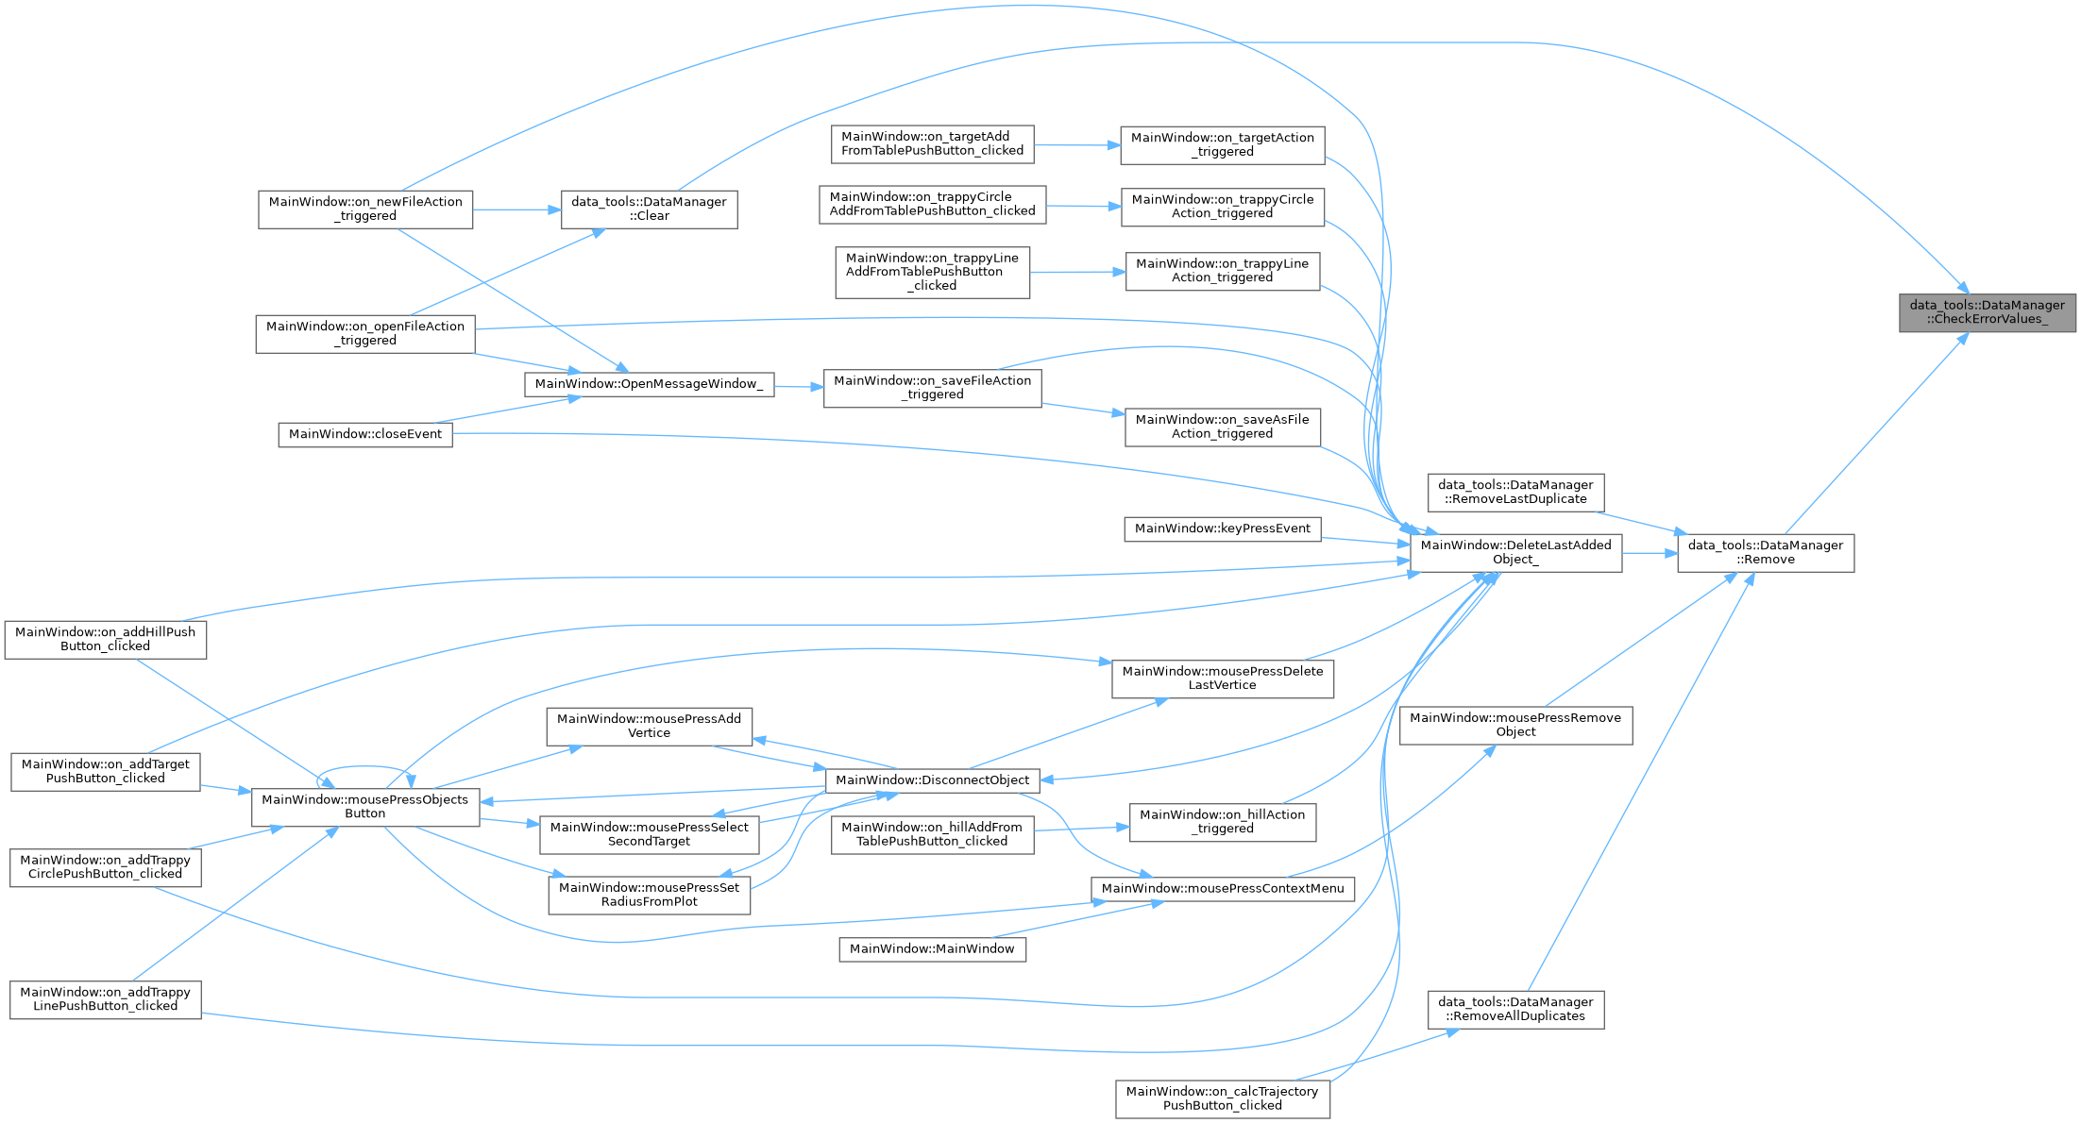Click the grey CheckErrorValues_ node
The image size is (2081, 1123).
[1988, 312]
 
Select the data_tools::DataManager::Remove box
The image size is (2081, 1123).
[1765, 553]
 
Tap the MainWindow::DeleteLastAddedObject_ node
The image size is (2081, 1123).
[1515, 553]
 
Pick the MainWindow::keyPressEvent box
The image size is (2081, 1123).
[1222, 528]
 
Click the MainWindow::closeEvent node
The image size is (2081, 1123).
[364, 434]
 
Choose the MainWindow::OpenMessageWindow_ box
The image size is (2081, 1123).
[649, 384]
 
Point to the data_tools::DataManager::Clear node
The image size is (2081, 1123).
[649, 210]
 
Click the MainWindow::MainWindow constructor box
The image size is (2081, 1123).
[932, 949]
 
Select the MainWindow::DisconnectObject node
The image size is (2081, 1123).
[932, 780]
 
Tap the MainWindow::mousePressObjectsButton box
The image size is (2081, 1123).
[364, 807]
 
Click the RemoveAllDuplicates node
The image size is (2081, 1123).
[1515, 1010]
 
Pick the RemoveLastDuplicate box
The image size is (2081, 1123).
[1515, 493]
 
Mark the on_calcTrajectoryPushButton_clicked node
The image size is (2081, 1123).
[1222, 1099]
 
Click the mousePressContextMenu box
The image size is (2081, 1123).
[1222, 889]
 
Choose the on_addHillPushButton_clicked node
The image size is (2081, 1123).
[105, 640]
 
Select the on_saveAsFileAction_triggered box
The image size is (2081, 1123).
[1222, 427]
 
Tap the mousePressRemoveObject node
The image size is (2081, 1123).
[1515, 725]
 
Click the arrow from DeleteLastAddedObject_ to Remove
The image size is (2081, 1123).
[1649, 553]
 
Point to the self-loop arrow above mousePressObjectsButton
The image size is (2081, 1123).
[364, 767]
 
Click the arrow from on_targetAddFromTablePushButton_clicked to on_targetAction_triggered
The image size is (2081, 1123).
[1077, 145]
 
